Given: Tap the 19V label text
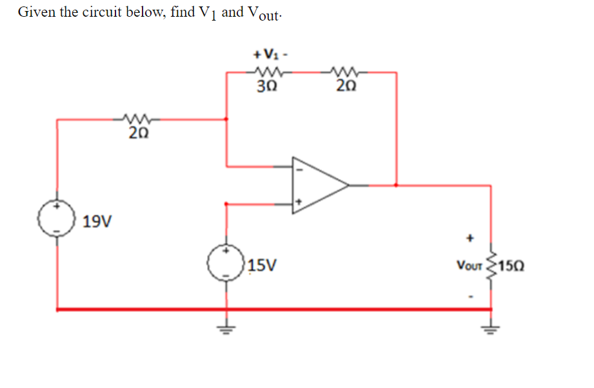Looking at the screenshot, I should [x=97, y=222].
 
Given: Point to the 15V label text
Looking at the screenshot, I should [x=262, y=265].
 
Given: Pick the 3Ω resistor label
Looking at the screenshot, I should [x=265, y=87].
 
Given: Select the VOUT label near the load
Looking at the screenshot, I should [x=470, y=265].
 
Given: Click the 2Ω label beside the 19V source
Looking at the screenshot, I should [x=139, y=134].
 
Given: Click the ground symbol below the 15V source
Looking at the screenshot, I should [x=226, y=326].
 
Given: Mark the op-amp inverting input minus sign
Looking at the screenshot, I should [x=298, y=170].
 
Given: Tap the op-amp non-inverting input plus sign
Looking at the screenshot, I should [x=298, y=202].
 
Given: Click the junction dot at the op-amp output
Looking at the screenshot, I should [x=396, y=185].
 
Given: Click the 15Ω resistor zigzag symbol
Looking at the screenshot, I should [x=491, y=265].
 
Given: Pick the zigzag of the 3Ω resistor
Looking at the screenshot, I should [x=265, y=72].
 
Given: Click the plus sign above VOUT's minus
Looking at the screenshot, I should [x=471, y=238].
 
